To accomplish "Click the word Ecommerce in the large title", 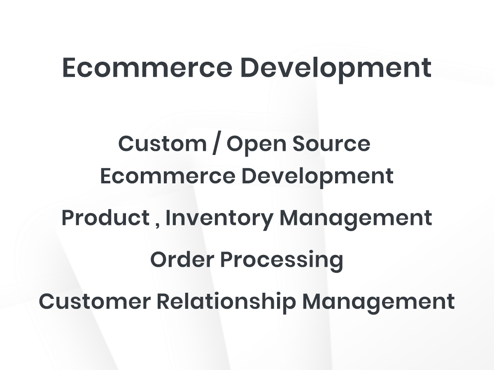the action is (x=147, y=67).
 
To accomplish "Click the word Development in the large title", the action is (x=336, y=69).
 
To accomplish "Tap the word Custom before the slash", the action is (x=162, y=143).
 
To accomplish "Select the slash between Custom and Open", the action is (x=217, y=143).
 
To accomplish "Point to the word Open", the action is (x=256, y=145).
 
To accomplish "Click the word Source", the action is (x=331, y=144).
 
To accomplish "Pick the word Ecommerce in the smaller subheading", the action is (x=168, y=176).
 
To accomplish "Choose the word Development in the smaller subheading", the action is (x=317, y=178).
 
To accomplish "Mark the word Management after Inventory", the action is (x=356, y=220).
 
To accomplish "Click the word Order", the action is (x=182, y=259).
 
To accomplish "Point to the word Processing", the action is (x=282, y=261).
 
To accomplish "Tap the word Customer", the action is (x=95, y=301).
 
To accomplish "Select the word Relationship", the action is (x=226, y=303).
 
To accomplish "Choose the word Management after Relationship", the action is (x=378, y=303).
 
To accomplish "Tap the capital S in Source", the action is (x=299, y=144).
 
